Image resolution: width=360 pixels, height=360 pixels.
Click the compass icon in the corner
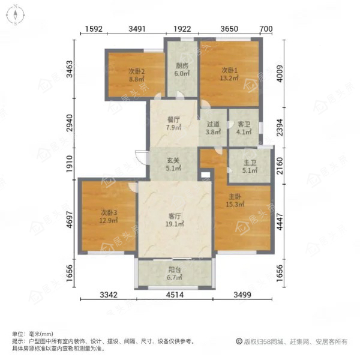pyautogui.click(x=15, y=15)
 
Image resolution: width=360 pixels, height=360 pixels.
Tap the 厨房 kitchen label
pyautogui.click(x=182, y=66)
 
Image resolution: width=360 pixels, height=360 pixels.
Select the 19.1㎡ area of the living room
pyautogui.click(x=175, y=224)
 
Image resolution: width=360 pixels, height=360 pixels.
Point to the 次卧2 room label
pyautogui.click(x=136, y=71)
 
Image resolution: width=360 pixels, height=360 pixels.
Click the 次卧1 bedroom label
pyautogui.click(x=229, y=70)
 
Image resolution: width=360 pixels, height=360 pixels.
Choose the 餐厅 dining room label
pyautogui.click(x=173, y=119)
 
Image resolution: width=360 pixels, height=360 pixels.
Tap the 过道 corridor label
pyautogui.click(x=213, y=124)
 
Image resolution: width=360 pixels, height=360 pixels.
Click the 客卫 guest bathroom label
pyautogui.click(x=244, y=124)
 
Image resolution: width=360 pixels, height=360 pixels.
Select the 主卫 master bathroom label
pyautogui.click(x=250, y=163)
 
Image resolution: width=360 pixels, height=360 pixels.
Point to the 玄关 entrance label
pyautogui.click(x=173, y=160)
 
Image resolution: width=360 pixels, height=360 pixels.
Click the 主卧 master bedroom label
pyautogui.click(x=235, y=197)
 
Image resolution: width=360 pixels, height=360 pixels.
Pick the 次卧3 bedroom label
pyautogui.click(x=109, y=212)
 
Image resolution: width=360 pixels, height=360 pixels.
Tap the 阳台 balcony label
pyautogui.click(x=175, y=269)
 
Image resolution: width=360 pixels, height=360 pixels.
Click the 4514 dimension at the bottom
pyautogui.click(x=175, y=295)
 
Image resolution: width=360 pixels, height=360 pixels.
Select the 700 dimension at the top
pyautogui.click(x=266, y=29)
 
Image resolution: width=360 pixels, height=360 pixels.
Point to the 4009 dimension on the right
pyautogui.click(x=280, y=73)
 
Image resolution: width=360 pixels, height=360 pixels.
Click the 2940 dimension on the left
pyautogui.click(x=69, y=123)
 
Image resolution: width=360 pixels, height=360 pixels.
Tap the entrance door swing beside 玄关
pyautogui.click(x=140, y=157)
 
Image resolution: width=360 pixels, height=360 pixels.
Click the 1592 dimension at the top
pyautogui.click(x=94, y=29)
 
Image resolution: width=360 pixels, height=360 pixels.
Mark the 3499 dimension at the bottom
pyautogui.click(x=242, y=295)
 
